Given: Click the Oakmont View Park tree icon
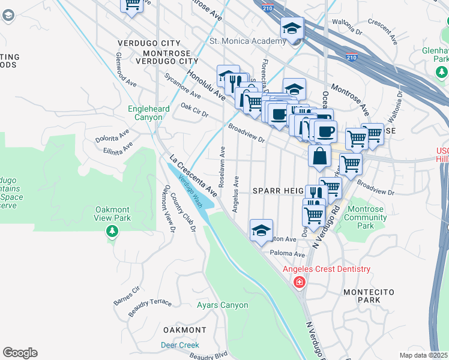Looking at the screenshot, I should [111, 231].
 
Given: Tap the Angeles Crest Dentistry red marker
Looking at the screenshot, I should [299, 281].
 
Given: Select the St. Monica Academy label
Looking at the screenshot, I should [247, 41].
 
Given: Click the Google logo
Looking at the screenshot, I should [20, 353].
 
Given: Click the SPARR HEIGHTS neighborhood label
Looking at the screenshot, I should [279, 190].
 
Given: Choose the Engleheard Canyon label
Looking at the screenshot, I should [145, 113].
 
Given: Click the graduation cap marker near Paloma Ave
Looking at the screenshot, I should [261, 230].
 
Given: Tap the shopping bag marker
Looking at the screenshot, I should [320, 155].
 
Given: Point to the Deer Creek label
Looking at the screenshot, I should [179, 345].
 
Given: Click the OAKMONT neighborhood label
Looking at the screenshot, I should [184, 330].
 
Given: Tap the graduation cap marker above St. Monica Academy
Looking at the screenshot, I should [292, 28].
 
